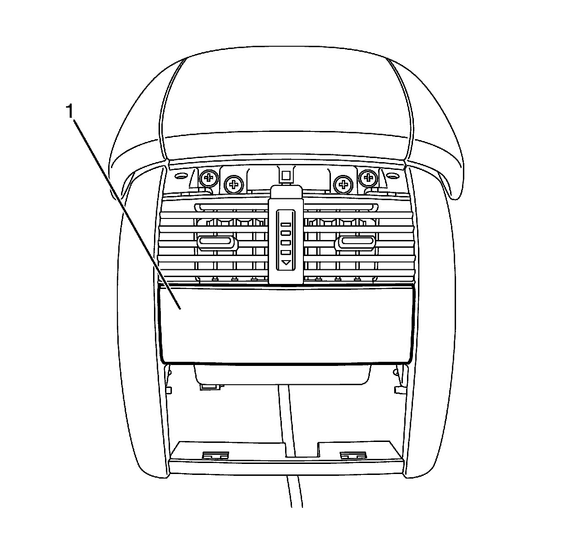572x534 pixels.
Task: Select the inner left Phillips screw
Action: (x=234, y=185)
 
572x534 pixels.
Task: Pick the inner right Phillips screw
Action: (x=342, y=185)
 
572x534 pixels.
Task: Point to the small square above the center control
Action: (x=286, y=175)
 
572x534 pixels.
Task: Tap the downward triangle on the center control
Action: (x=286, y=263)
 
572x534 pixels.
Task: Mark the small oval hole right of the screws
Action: (x=394, y=176)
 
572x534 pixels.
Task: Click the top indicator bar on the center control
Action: (x=286, y=225)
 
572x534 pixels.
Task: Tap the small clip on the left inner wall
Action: (x=168, y=390)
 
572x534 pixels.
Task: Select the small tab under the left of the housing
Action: (x=209, y=387)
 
